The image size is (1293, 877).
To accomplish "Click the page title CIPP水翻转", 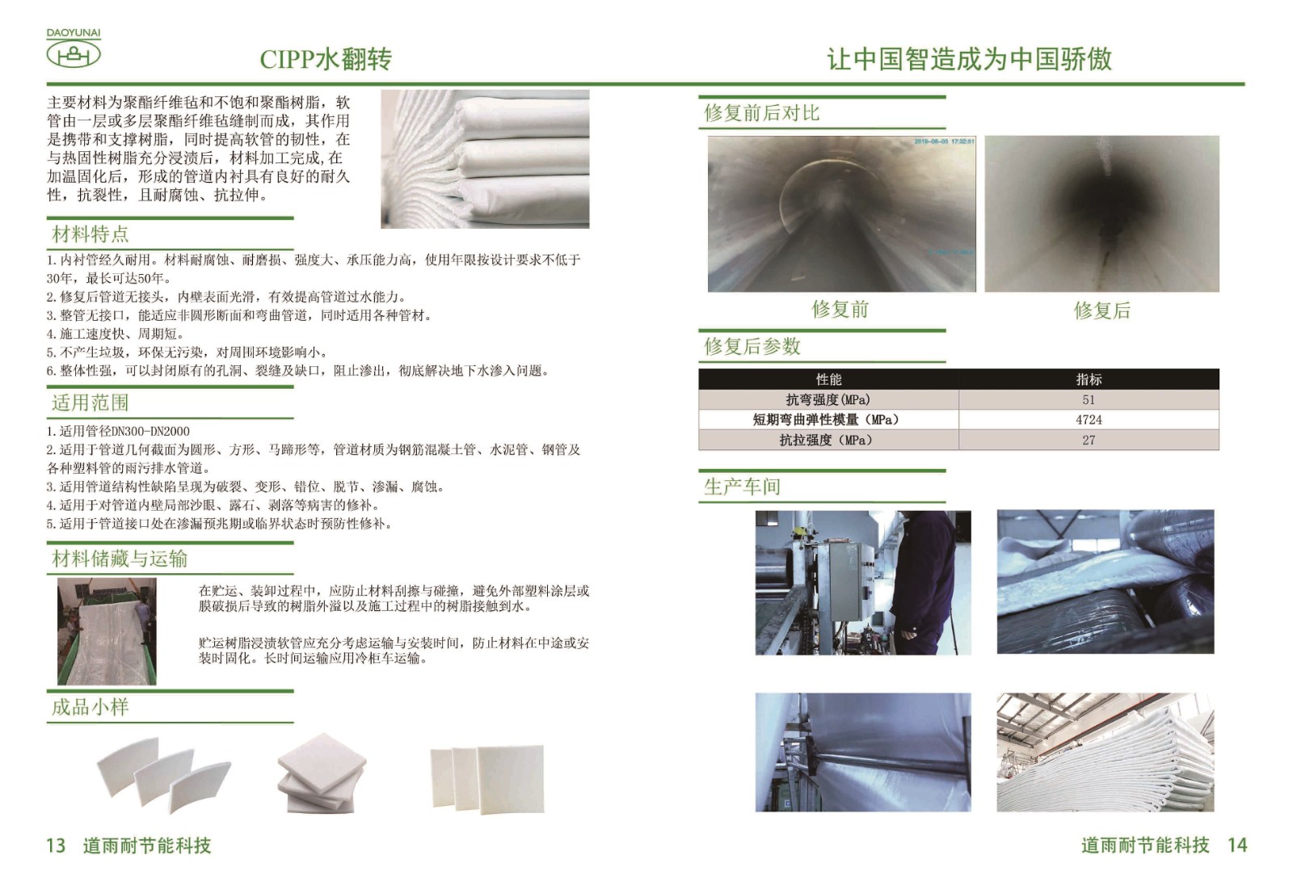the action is [326, 59].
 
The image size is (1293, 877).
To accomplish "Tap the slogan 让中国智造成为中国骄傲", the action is [969, 59].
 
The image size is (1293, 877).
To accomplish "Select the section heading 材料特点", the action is [90, 234].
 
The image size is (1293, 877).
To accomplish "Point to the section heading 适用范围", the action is [90, 403].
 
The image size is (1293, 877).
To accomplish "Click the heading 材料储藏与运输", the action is [120, 559].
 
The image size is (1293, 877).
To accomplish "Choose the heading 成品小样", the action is [90, 706].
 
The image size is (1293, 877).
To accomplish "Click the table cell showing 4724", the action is [1089, 420].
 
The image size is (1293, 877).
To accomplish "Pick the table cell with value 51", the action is [1089, 399].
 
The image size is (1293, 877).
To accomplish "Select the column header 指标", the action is [1089, 379].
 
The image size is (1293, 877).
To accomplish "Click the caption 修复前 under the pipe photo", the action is [840, 310].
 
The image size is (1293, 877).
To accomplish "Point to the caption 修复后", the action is [1101, 310].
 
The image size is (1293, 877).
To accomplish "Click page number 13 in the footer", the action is [56, 845].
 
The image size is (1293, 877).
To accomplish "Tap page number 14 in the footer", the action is [1237, 845].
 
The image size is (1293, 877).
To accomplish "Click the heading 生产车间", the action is [742, 487].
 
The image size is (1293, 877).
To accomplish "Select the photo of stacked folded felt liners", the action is [485, 158].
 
